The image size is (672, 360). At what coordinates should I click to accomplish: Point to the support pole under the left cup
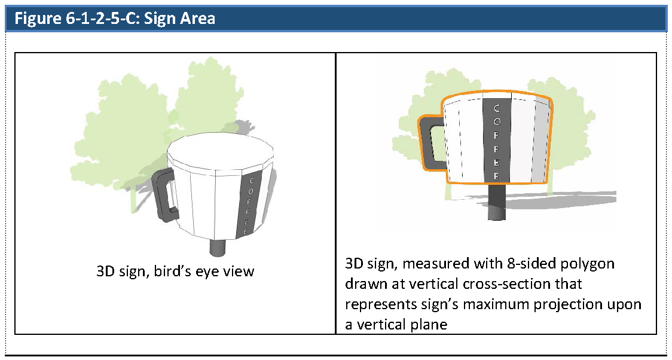click(219, 248)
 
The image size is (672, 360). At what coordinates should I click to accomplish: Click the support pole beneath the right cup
click(497, 203)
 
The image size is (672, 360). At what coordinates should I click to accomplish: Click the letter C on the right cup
click(497, 108)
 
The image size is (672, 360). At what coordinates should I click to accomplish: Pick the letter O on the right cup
click(497, 122)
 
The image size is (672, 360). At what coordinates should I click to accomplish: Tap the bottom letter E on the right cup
click(497, 176)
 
